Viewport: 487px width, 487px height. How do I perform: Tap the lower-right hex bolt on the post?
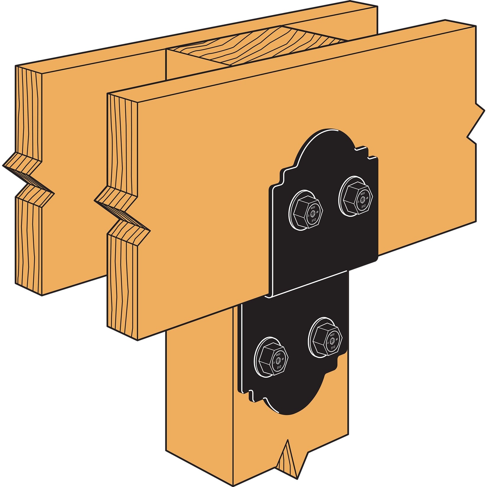(x=325, y=338)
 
